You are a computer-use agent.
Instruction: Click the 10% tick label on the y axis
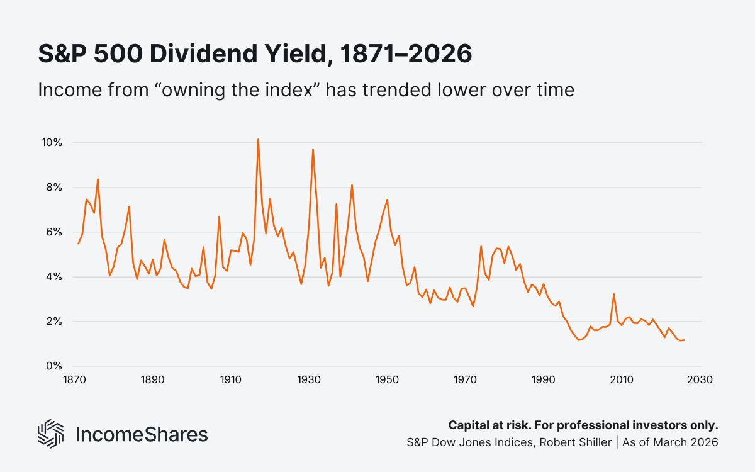[52, 143]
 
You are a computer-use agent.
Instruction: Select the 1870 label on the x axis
[74, 380]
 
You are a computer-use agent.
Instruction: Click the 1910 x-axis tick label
[230, 380]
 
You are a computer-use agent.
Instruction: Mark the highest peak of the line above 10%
[258, 140]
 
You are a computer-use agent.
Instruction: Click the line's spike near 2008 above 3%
[613, 294]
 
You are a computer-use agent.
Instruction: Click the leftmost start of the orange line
[78, 244]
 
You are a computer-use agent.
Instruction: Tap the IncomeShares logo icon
[51, 434]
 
